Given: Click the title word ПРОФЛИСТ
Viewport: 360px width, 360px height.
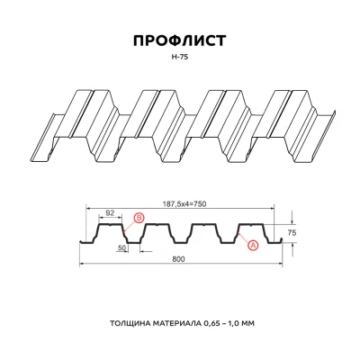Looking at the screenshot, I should (x=180, y=40).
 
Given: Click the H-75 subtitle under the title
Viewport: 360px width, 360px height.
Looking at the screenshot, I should (x=180, y=57).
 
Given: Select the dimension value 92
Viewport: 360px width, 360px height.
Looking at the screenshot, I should (x=110, y=213).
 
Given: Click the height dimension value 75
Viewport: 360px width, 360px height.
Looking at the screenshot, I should (x=291, y=231).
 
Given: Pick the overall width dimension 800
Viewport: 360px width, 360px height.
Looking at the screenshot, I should (x=180, y=260).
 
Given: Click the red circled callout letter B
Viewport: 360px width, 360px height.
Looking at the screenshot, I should (x=138, y=219).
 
